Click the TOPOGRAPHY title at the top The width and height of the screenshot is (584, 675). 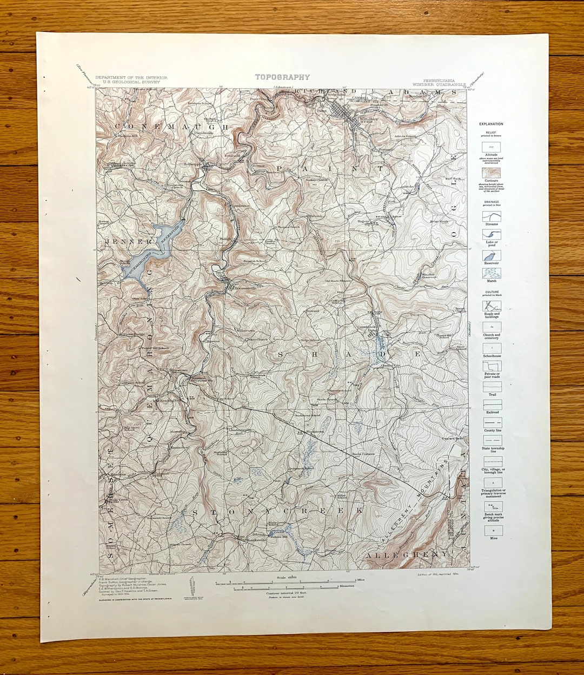click(x=282, y=77)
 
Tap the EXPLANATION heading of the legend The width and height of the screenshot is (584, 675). click(x=490, y=124)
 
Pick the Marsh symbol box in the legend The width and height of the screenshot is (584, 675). click(x=492, y=273)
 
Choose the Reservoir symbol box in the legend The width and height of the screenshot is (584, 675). click(x=492, y=255)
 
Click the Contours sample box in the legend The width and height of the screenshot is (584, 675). click(x=492, y=173)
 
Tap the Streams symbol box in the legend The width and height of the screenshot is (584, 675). click(x=492, y=216)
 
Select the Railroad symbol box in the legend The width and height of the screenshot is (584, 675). click(x=492, y=404)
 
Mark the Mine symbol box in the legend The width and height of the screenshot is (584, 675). click(x=492, y=530)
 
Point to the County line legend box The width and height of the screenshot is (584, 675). click(x=492, y=422)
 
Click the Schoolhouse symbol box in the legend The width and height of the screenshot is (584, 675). click(x=492, y=348)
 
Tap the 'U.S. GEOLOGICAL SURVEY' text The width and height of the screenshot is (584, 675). click(x=131, y=82)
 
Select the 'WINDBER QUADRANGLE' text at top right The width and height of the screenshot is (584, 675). click(x=437, y=84)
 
